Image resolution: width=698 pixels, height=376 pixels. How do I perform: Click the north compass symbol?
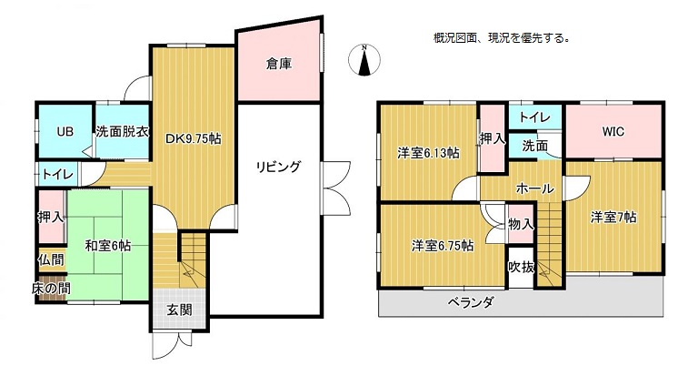coord(364,60)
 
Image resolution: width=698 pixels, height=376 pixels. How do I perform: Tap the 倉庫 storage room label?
coord(279,65)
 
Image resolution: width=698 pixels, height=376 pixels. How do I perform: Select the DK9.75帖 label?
coord(194,138)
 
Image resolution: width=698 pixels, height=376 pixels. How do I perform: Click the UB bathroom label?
coord(65,132)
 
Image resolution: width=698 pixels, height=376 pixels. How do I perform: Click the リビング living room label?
coord(279,167)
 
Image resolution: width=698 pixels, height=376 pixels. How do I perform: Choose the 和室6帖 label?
coord(108,246)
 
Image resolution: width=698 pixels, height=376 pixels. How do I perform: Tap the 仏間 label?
coord(51,259)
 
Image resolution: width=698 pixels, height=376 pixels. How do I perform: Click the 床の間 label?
coord(51,288)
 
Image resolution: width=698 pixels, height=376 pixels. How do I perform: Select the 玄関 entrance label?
coord(180,310)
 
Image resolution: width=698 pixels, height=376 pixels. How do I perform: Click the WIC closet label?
coord(613,132)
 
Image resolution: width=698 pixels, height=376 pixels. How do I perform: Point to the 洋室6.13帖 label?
coord(429,154)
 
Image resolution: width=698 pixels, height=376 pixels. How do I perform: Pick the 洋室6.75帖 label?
coord(443,246)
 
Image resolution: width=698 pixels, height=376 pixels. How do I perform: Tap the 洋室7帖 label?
coord(613,218)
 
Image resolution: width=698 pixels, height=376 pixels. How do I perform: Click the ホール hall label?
coord(534,188)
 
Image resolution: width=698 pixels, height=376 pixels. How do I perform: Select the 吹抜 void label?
coord(522,267)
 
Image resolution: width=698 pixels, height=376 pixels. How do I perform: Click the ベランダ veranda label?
coord(471,303)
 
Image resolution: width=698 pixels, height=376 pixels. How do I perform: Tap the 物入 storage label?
coord(521,224)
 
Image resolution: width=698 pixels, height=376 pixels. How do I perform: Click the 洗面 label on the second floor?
coord(535,146)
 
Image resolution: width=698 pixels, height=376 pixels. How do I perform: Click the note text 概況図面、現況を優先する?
coord(502,38)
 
